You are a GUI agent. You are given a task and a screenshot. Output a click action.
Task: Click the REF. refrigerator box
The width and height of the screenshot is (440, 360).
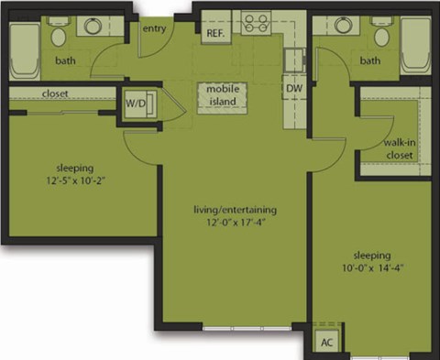click(215, 33)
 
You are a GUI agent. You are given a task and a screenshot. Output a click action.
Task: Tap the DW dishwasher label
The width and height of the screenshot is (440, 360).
click(294, 88)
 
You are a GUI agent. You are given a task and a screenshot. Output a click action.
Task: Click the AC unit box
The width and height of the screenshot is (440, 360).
click(326, 343)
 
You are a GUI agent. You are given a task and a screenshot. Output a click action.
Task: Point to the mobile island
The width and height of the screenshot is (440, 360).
click(223, 94)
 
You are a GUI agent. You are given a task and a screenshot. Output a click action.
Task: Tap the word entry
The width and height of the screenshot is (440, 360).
click(153, 28)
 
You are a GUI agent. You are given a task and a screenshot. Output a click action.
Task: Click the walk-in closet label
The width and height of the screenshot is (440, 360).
click(399, 149)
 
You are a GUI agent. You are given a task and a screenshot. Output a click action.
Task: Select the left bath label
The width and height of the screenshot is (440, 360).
click(65, 61)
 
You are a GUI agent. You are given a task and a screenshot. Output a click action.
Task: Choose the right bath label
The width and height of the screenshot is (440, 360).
click(369, 61)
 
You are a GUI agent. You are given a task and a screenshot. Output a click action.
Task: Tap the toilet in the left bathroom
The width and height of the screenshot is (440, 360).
click(59, 35)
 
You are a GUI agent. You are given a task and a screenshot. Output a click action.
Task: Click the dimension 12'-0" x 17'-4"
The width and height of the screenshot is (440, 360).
click(235, 223)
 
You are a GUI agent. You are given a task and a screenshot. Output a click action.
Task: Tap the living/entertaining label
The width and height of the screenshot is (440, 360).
click(235, 210)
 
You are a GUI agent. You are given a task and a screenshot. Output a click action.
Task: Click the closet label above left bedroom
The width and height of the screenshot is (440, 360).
click(58, 93)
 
